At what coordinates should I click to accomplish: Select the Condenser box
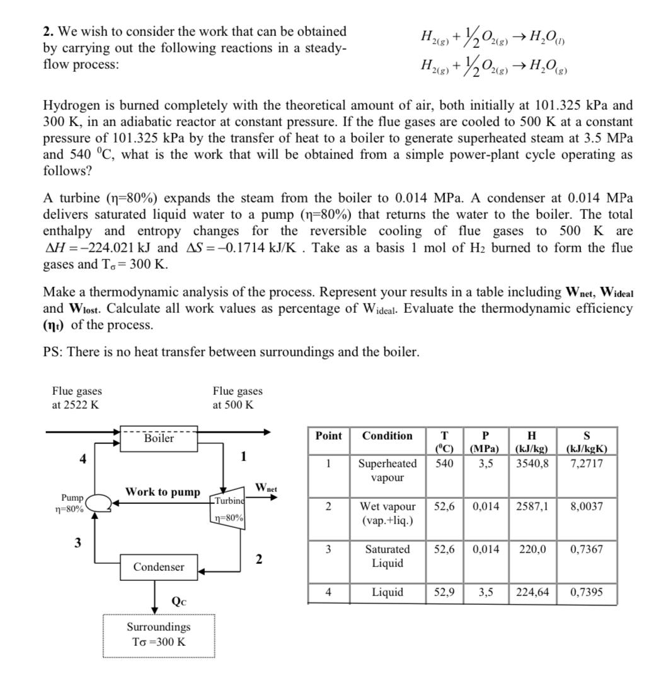[x=159, y=567]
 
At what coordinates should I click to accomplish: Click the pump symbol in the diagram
[x=98, y=503]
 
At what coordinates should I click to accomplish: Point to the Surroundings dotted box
[x=159, y=635]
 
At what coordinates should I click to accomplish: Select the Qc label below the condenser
[x=178, y=600]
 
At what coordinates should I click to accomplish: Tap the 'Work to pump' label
[x=163, y=491]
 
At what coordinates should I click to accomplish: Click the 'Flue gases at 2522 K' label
[x=76, y=398]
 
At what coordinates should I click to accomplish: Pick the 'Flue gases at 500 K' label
[x=238, y=398]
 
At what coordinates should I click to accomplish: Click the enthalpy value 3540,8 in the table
[x=532, y=464]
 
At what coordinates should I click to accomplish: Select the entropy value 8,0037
[x=586, y=506]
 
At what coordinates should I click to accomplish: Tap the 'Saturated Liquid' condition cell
[x=387, y=556]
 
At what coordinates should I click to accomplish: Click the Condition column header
[x=387, y=436]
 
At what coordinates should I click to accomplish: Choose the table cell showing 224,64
[x=532, y=592]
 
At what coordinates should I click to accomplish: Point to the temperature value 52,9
[x=445, y=592]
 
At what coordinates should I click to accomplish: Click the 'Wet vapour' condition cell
[x=387, y=513]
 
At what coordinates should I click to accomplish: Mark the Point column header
[x=328, y=436]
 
